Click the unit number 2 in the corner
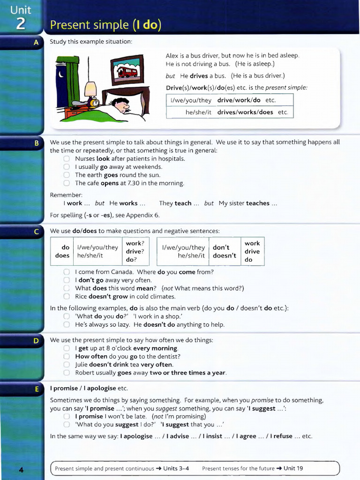[21, 23]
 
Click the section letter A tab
[36, 42]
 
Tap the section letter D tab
[36, 341]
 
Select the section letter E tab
[36, 389]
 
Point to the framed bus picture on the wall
[127, 70]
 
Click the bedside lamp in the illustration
[90, 89]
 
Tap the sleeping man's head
[121, 105]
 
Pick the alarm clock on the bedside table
[95, 102]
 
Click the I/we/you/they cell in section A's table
[191, 100]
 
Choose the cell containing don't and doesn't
[225, 251]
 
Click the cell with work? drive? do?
[135, 251]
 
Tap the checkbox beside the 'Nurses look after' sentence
[67, 159]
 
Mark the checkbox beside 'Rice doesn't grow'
[67, 297]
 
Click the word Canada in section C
[122, 272]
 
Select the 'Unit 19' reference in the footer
[293, 468]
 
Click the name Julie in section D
[82, 364]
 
